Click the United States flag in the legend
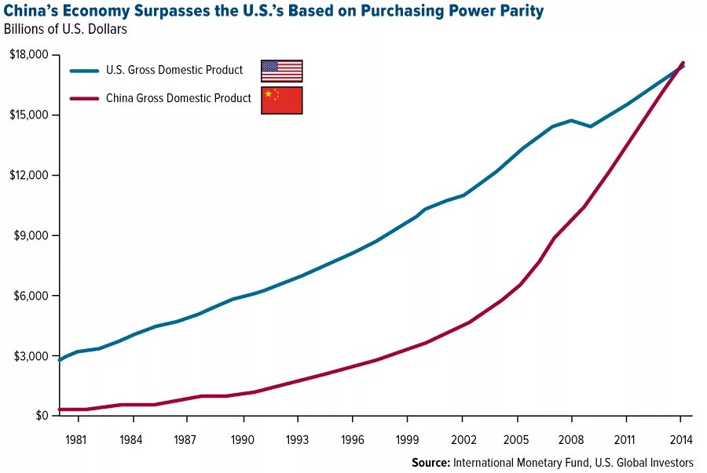coord(281,71)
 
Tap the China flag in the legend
coord(281,100)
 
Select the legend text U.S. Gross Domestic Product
coord(174,70)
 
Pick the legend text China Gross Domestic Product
coord(179,98)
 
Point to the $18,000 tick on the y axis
coord(28,55)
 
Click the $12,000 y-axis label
coord(28,175)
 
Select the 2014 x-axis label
coord(681,439)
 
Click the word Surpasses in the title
coord(177,11)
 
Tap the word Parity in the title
coord(522,11)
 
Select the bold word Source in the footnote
coord(430,462)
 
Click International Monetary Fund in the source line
coord(519,462)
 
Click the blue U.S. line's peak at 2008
coord(571,120)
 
